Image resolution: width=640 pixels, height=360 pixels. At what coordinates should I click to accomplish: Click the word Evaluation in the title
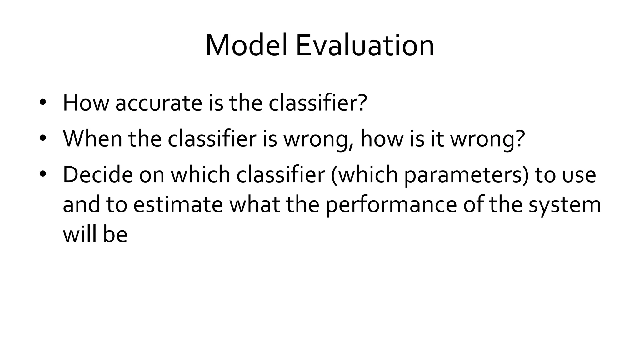[364, 46]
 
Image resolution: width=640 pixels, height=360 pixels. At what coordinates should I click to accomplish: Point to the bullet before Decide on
[43, 174]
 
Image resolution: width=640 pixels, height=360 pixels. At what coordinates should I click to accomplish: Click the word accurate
[159, 103]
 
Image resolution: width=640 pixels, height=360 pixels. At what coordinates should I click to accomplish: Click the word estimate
[178, 205]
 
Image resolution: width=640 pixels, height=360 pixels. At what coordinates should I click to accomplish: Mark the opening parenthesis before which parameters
[333, 175]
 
